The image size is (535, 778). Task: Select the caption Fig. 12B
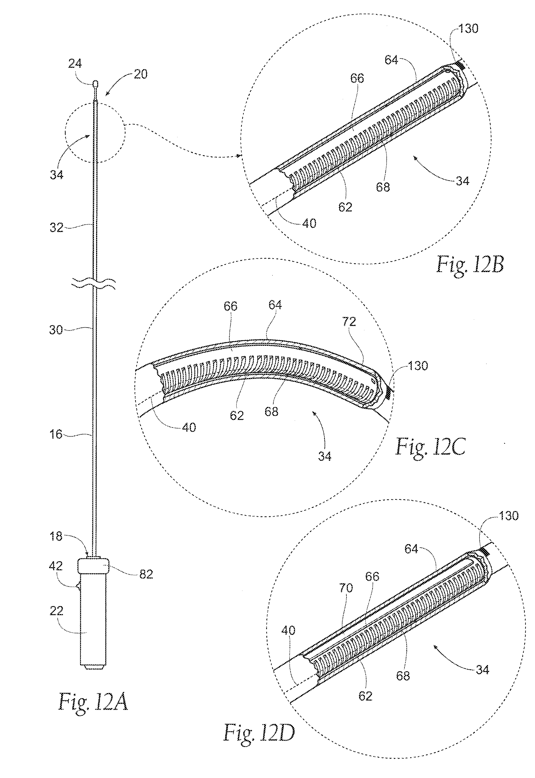[x=470, y=265]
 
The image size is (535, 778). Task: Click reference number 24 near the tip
[x=75, y=63]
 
